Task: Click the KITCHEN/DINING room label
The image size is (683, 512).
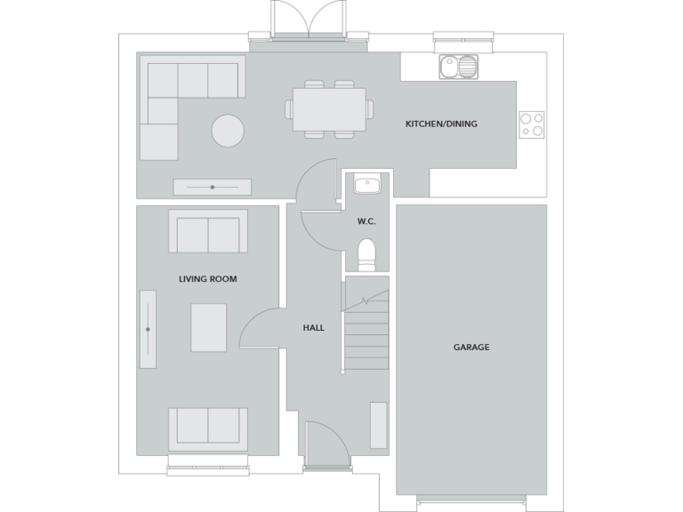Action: [x=441, y=124]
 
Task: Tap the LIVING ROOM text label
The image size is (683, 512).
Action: [x=207, y=279]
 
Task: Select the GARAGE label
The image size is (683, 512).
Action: [x=471, y=348]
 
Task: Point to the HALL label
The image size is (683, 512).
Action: [x=313, y=328]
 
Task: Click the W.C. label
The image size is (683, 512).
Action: [x=366, y=221]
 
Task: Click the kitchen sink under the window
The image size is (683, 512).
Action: [x=458, y=67]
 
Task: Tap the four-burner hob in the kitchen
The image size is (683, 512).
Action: [x=532, y=124]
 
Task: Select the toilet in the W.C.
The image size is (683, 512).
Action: [x=366, y=253]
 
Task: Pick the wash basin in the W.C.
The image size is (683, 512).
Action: [x=366, y=185]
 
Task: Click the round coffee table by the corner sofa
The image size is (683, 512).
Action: [x=228, y=132]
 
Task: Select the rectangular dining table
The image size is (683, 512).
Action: [x=329, y=109]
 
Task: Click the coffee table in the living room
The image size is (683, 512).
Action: [x=208, y=327]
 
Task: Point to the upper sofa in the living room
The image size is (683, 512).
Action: [x=208, y=232]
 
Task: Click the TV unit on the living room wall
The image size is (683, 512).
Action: [x=148, y=330]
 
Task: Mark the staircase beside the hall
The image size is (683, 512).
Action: [x=366, y=324]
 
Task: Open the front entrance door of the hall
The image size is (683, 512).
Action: [x=325, y=444]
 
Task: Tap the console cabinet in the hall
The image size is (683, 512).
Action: [x=379, y=425]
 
